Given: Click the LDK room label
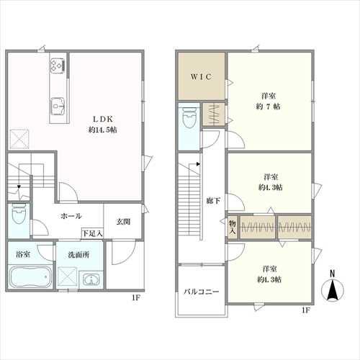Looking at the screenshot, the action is point(103,120).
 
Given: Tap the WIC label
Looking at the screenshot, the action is point(202,77).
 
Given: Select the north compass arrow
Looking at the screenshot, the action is point(333,289).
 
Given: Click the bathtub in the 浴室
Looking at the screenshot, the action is point(31,277).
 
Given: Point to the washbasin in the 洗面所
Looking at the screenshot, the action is point(91,279).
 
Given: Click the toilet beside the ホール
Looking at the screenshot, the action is point(19,214).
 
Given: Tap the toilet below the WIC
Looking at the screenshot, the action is point(189,118).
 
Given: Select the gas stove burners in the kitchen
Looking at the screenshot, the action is point(58,65).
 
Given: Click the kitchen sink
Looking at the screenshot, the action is point(58,106).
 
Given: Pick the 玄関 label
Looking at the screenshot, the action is point(123,222).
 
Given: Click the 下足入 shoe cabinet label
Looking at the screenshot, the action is point(92,233).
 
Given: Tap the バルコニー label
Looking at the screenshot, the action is point(202,292).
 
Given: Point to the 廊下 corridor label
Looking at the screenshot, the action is point(213,201).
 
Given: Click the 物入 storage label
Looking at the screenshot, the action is point(233,227).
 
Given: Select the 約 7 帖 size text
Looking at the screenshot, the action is point(268,107).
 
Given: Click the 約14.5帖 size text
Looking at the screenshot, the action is point(103,130).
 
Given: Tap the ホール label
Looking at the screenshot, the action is point(71,216).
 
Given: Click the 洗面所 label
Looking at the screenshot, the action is point(78,255).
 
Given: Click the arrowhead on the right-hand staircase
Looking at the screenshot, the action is point(198,164).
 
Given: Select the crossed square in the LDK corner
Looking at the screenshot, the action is point(19,139).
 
